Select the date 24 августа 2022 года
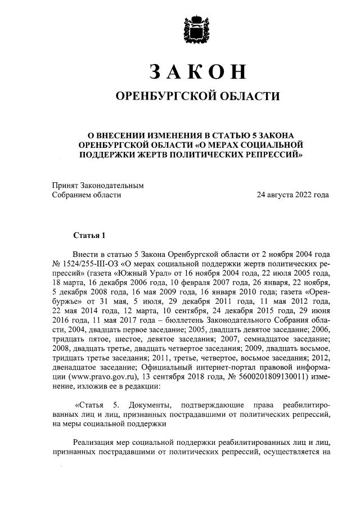292,195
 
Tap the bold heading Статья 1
89,234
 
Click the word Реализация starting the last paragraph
96,441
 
